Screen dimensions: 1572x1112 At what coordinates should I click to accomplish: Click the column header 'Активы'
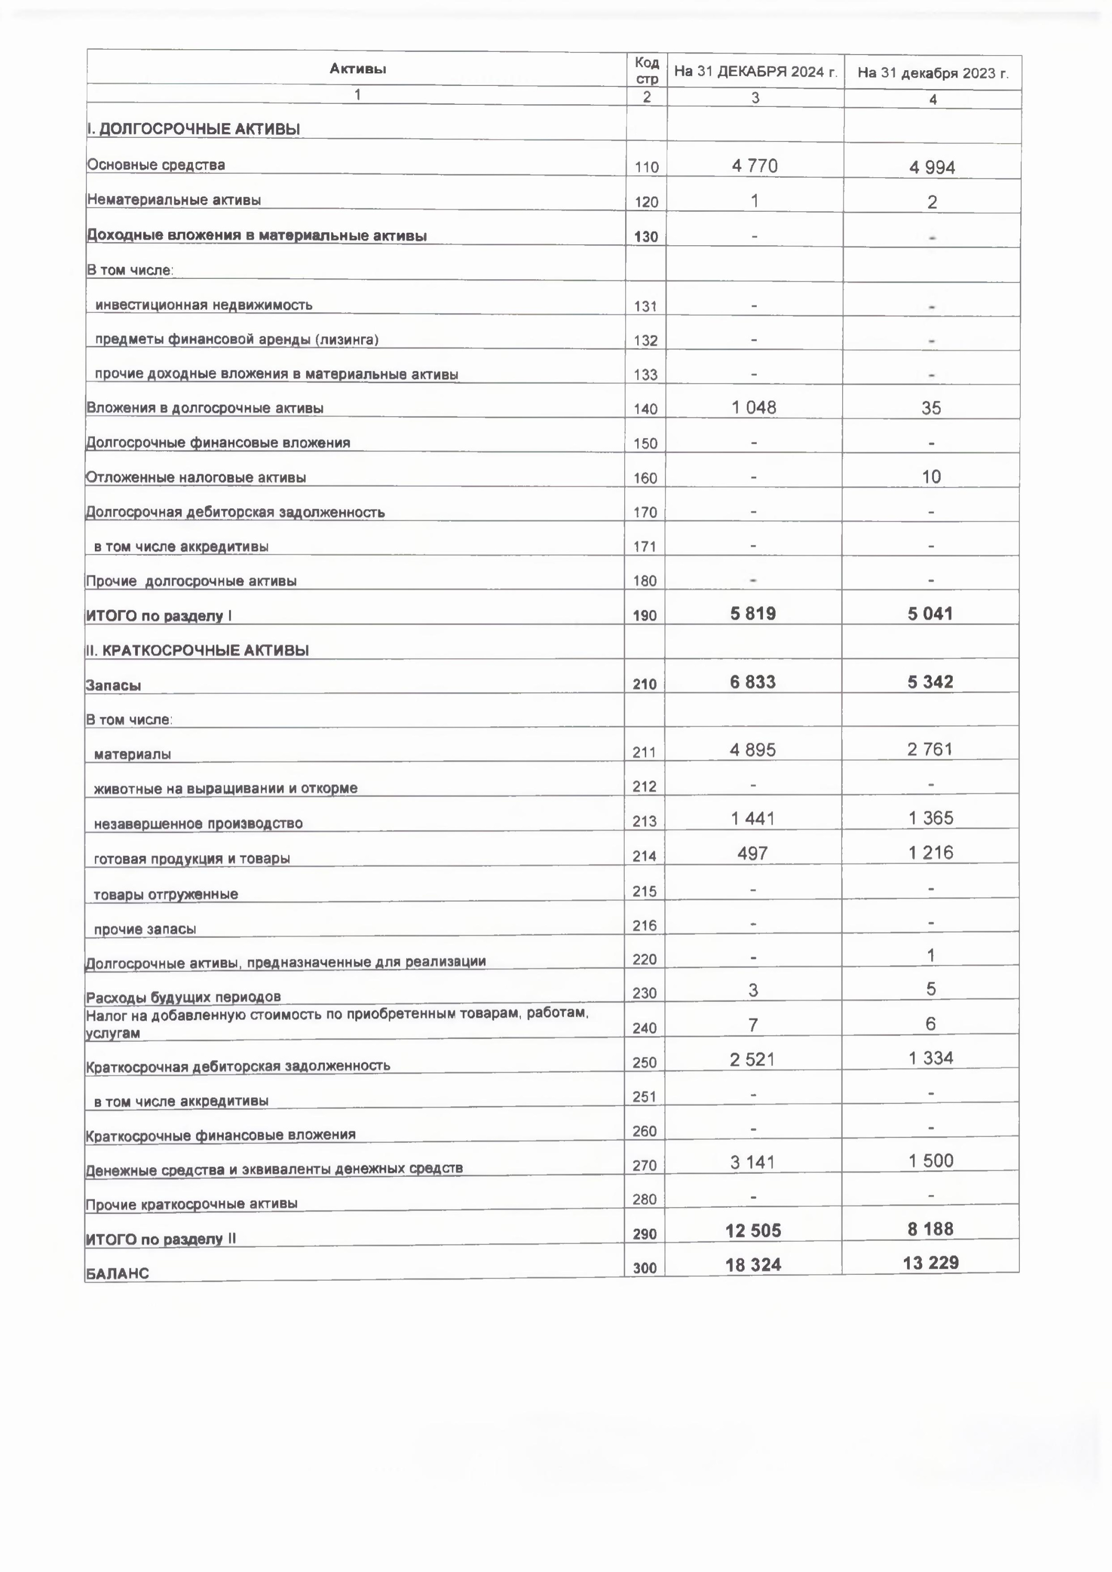click(357, 69)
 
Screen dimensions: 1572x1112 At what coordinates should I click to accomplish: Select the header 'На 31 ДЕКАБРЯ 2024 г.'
click(755, 71)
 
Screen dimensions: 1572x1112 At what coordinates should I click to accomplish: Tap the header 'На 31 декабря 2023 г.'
click(933, 73)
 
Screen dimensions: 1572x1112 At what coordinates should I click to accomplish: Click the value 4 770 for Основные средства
click(755, 166)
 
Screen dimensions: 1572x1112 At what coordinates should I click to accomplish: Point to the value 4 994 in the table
click(932, 168)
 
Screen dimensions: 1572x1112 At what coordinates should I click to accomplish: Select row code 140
click(645, 409)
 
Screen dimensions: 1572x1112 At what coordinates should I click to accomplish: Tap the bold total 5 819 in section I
click(753, 614)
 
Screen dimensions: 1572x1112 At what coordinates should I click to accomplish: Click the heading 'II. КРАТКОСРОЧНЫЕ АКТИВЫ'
click(197, 650)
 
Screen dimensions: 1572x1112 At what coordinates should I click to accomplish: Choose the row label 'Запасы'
click(113, 685)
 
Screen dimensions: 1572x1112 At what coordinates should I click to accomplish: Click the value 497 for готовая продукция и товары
click(752, 854)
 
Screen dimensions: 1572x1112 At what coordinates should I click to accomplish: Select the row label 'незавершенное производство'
click(198, 824)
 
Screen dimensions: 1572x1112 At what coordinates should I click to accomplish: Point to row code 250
click(645, 1063)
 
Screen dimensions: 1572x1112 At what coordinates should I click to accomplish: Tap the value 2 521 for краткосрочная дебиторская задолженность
click(752, 1060)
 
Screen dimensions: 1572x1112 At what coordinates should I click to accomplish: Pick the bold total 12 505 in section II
click(753, 1231)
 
